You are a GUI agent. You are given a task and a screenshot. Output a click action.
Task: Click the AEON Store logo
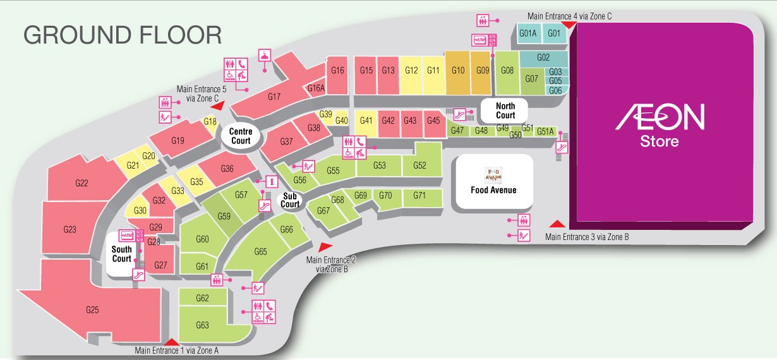tap(660, 125)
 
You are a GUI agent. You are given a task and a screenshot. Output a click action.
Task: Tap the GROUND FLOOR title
tap(123, 35)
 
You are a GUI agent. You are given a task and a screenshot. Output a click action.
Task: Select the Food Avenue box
tap(493, 182)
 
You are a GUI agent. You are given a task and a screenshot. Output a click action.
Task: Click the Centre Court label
tap(241, 136)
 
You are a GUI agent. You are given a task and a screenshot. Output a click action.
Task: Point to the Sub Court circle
tap(290, 200)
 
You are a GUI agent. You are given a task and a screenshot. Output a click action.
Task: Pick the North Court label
tap(505, 111)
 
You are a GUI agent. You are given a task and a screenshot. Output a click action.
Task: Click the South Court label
tap(121, 254)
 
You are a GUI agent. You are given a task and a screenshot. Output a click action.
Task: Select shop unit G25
tap(93, 309)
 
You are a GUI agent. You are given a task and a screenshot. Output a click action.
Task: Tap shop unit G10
tap(458, 70)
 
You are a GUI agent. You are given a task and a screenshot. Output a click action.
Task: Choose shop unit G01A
tap(527, 33)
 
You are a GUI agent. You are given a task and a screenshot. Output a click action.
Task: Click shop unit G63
tap(202, 325)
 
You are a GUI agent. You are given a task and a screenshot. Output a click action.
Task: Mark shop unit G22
tap(81, 183)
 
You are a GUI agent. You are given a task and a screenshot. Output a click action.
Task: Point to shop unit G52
tap(420, 165)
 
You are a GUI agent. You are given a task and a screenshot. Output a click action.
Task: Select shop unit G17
tap(274, 97)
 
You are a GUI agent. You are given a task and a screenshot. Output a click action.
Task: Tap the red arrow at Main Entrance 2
tap(325, 248)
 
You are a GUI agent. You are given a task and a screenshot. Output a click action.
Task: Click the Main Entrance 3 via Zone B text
tap(587, 237)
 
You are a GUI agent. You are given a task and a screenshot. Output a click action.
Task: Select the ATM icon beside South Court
tap(128, 236)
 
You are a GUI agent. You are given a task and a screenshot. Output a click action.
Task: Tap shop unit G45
tap(433, 121)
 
